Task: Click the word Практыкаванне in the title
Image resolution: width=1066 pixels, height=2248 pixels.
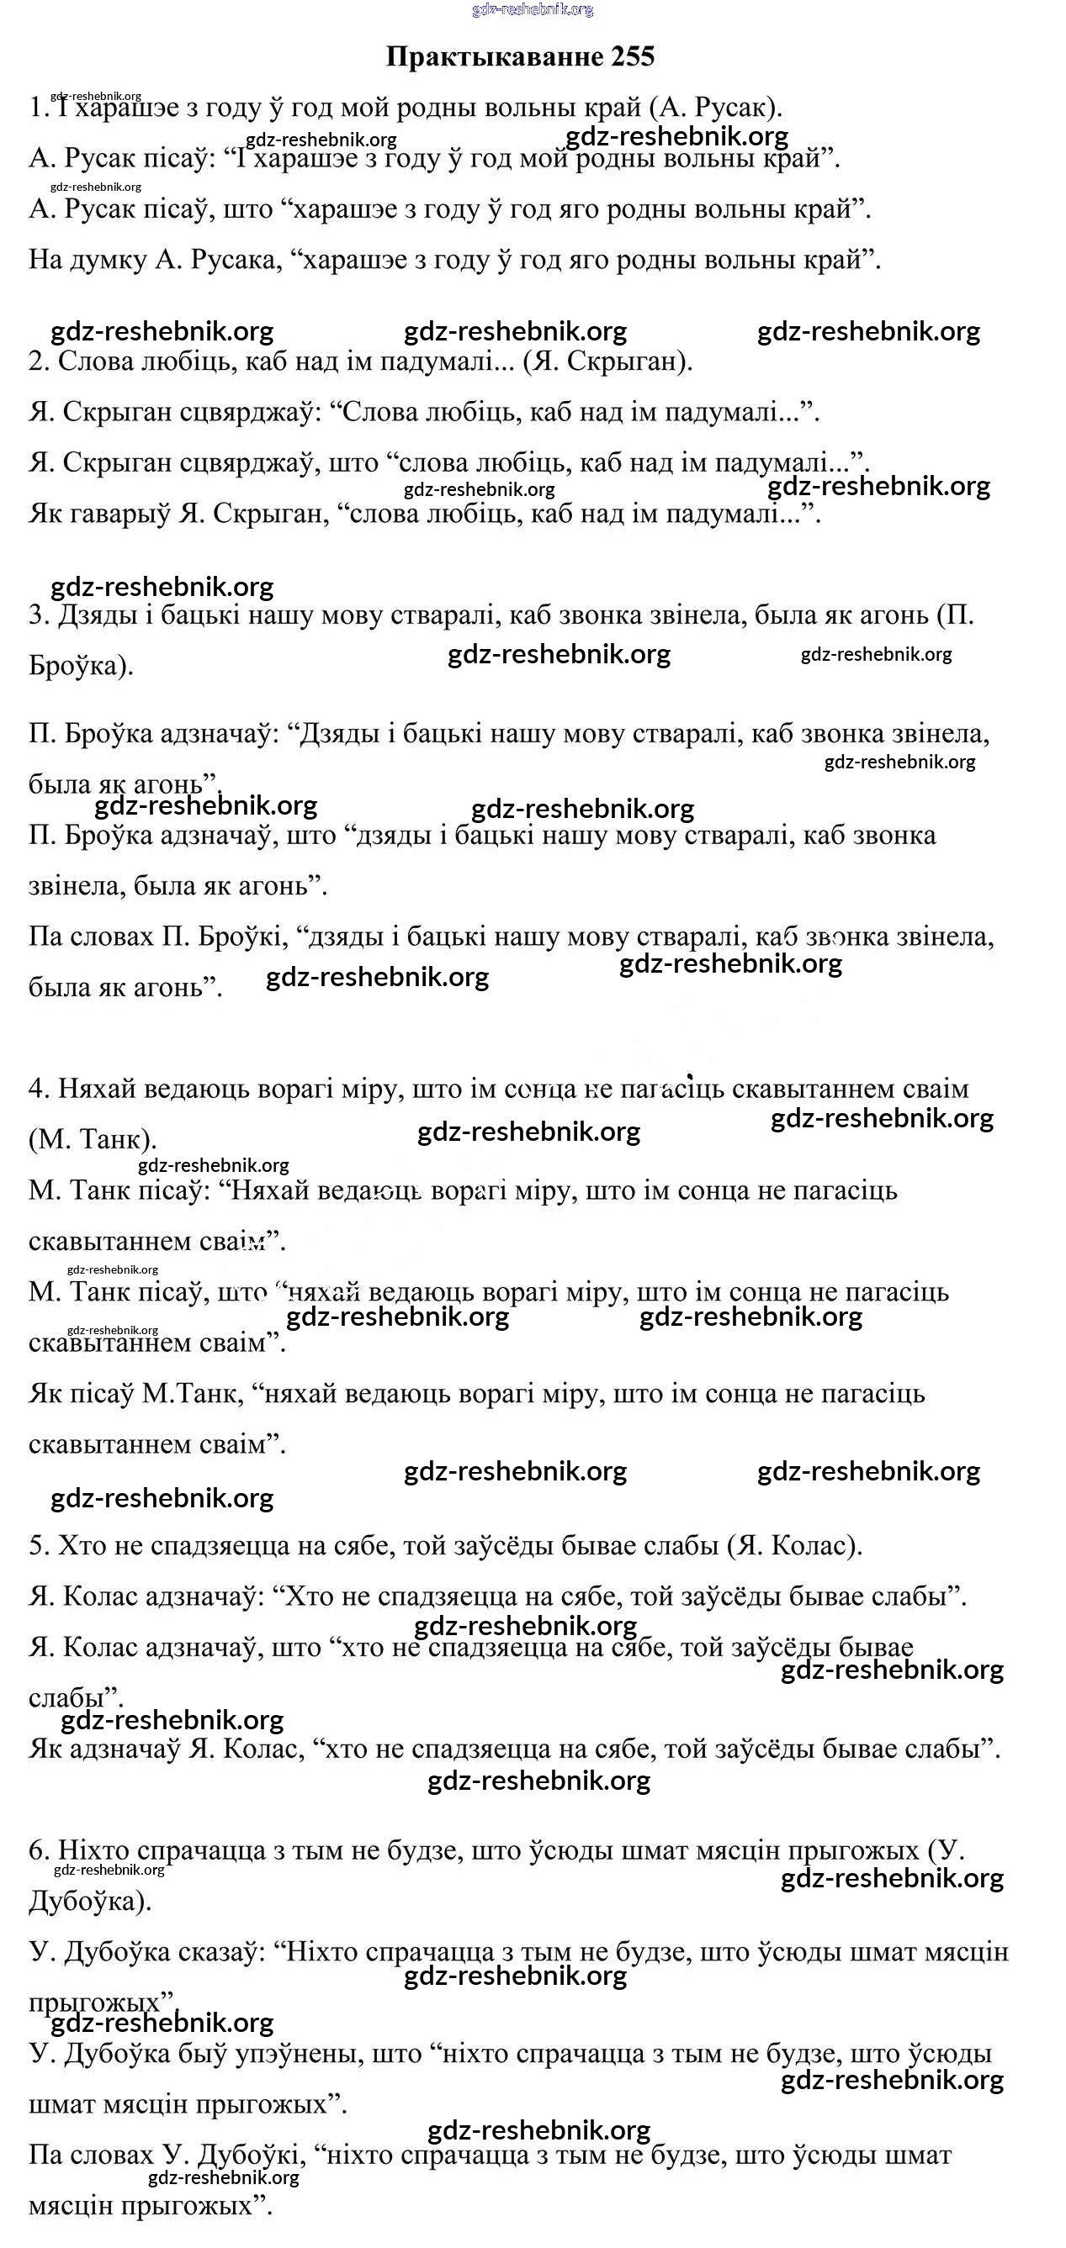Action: coord(494,56)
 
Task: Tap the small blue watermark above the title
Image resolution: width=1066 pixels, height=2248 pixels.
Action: coord(533,9)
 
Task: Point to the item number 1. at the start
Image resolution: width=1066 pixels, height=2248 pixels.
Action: coord(39,108)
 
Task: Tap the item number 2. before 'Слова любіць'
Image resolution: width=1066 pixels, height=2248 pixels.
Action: coord(39,361)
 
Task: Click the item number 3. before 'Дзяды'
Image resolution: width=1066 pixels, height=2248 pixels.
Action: coord(39,615)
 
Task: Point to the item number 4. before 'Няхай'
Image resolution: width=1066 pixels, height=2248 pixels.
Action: coord(39,1089)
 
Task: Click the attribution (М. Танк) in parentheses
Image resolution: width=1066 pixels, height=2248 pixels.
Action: coord(93,1140)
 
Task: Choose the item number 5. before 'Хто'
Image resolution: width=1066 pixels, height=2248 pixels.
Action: coord(39,1545)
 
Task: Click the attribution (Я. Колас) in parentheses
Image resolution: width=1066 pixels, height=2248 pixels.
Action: coord(793,1545)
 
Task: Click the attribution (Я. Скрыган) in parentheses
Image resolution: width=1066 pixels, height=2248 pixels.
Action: coord(607,361)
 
